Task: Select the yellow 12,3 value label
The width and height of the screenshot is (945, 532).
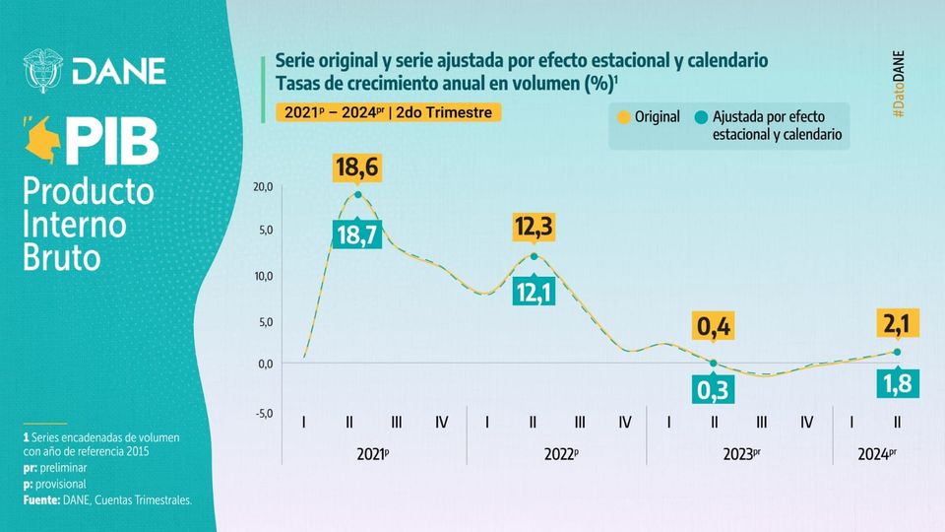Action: tap(534, 228)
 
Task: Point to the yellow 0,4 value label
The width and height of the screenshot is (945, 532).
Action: tap(714, 326)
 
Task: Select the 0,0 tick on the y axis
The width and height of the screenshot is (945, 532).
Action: tap(265, 364)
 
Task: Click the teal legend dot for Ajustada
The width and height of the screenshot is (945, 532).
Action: tap(701, 117)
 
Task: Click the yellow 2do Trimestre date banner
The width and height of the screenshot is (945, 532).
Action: tap(388, 112)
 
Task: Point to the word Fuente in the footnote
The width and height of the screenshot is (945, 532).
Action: tap(45, 500)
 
